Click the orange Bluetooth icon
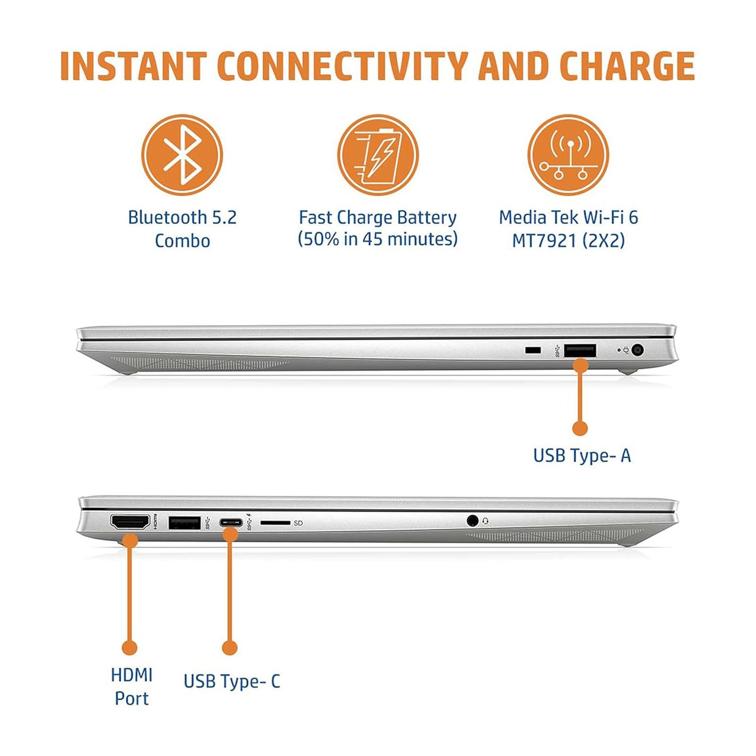(x=182, y=155)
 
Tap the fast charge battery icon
(x=378, y=155)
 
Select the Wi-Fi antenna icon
(x=568, y=155)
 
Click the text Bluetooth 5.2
(x=182, y=217)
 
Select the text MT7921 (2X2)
(x=568, y=241)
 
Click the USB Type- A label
(x=582, y=455)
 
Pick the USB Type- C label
(x=232, y=681)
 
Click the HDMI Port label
(x=131, y=687)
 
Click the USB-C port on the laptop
(x=231, y=523)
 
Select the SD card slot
(x=275, y=523)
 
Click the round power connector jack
(x=637, y=350)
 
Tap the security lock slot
(x=533, y=350)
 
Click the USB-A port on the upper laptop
(x=580, y=351)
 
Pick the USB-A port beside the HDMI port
(x=184, y=523)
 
